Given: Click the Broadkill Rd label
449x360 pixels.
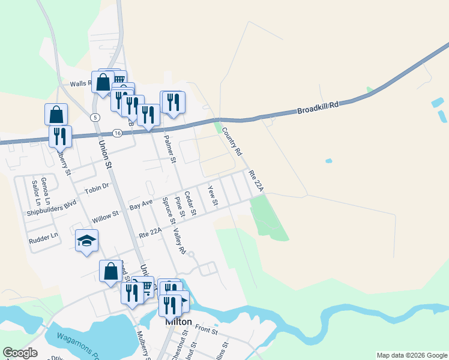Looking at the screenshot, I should (318, 108).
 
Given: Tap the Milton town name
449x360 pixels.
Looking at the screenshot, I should (178, 322).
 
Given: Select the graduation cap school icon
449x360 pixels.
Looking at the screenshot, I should (86, 241).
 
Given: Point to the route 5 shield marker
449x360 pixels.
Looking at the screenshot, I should (95, 117).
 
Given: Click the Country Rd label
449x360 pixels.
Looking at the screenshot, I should (231, 140).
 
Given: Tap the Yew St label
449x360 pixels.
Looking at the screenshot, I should (212, 196).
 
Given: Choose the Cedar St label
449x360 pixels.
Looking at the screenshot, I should (190, 203).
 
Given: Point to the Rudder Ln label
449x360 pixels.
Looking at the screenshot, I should (43, 238).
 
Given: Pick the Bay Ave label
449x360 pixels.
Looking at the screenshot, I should (141, 205).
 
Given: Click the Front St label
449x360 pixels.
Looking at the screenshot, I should (205, 330).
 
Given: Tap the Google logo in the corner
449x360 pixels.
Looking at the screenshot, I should (20, 353).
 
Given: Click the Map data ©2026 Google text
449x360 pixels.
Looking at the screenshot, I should (411, 355).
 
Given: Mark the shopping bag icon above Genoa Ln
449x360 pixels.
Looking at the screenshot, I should (56, 113).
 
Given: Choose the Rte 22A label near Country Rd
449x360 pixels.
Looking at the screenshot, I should (256, 182).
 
